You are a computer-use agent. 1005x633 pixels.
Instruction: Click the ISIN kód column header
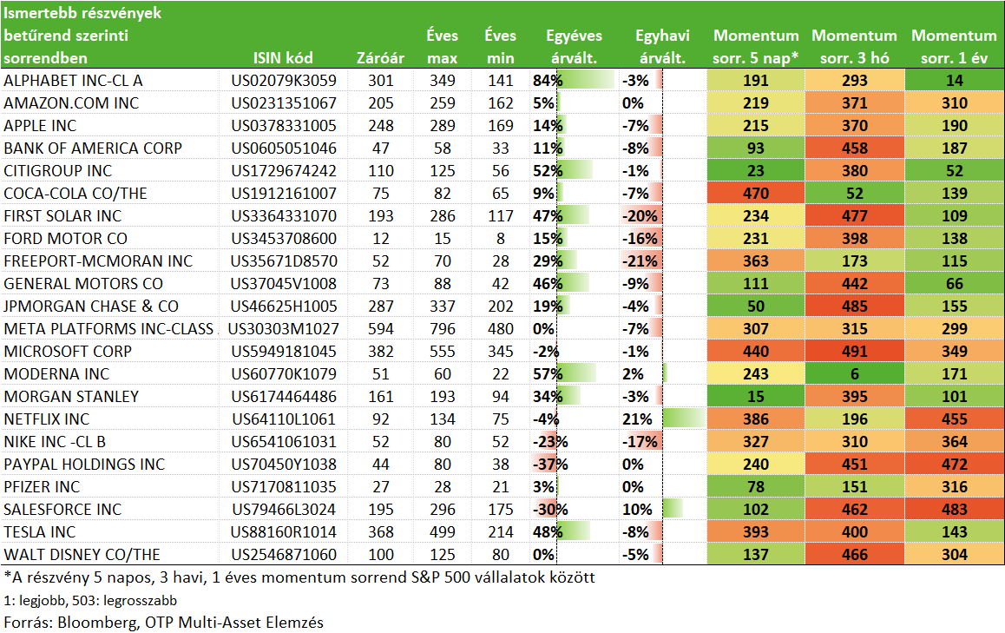pos(283,57)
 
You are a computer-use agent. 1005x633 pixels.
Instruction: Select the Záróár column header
pos(381,57)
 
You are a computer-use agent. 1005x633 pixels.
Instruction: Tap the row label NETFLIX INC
pos(47,419)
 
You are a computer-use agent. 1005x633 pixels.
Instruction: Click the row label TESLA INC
pos(40,532)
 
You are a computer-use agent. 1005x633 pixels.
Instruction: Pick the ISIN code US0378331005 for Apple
pos(284,126)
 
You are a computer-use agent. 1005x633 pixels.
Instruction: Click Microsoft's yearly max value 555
pos(443,352)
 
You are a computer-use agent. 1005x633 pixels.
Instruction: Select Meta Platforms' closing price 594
pos(381,329)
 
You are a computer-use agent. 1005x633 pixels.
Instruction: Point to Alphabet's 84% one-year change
pos(548,81)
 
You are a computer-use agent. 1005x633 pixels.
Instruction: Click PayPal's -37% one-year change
pos(550,465)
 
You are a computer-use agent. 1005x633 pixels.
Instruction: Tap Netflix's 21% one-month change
pos(637,419)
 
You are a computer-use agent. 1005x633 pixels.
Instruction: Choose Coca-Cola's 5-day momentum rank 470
pos(756,194)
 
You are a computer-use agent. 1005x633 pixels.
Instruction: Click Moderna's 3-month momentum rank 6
pos(854,374)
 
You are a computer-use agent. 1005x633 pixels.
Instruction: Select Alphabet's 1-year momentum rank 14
pos(955,81)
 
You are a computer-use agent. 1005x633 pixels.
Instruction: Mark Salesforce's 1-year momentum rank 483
pos(955,510)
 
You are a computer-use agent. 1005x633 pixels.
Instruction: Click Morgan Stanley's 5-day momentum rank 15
pos(756,397)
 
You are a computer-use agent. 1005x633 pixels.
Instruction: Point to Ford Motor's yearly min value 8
pos(501,239)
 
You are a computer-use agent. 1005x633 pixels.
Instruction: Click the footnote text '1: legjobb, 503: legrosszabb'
pos(90,600)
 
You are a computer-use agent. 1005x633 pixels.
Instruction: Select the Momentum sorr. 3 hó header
pos(854,47)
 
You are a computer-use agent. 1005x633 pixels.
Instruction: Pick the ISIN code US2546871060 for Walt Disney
pos(284,555)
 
